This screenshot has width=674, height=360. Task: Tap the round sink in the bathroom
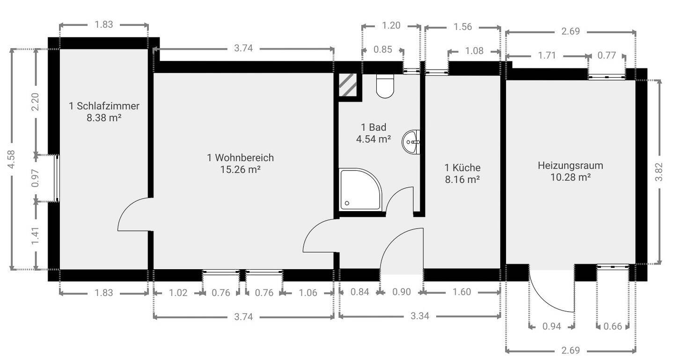coord(411,142)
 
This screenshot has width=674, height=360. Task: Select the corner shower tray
coord(361,189)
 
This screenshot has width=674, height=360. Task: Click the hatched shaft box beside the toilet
coord(348,85)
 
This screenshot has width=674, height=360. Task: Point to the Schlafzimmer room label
coord(104,106)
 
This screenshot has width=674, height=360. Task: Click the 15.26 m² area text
coord(241,169)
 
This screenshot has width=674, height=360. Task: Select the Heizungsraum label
coord(571,166)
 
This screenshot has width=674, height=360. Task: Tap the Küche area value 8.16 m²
coord(462,180)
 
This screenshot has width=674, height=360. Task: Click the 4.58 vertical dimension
coord(11,159)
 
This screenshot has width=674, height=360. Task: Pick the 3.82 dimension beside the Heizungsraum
coord(659,172)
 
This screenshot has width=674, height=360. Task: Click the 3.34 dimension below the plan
coord(420,316)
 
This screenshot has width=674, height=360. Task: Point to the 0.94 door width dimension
coord(552,326)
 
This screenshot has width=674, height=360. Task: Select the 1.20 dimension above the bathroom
coord(391,26)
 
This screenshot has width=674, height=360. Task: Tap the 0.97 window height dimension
coord(36,178)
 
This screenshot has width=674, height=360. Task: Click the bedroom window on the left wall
coord(56,178)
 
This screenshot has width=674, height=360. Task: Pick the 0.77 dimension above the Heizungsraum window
coord(607,55)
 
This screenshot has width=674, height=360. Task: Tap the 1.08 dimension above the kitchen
coord(474,51)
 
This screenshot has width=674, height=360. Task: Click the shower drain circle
coord(347,203)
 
